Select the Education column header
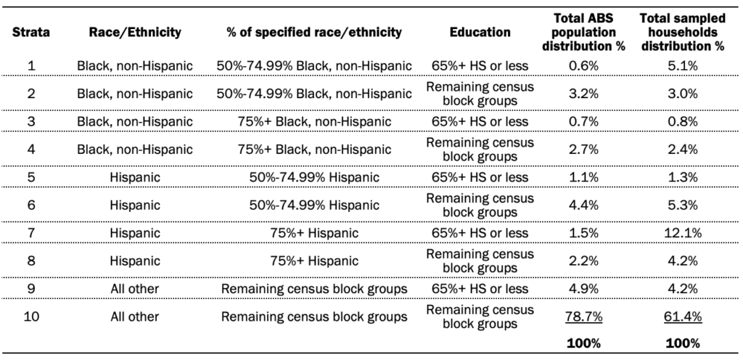click(x=480, y=33)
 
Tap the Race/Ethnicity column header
click(x=135, y=33)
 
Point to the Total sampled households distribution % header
click(x=679, y=33)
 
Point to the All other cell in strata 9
click(x=135, y=289)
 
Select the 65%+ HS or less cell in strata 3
click(x=480, y=122)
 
